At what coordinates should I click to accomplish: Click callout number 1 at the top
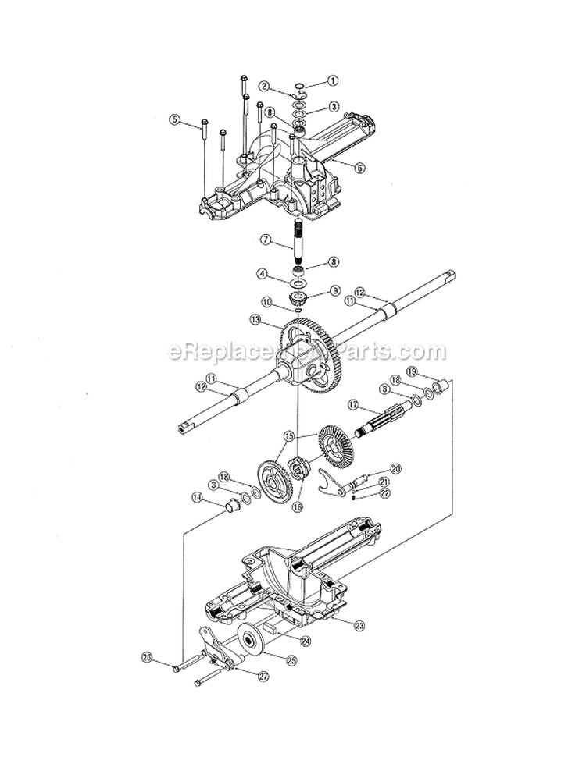click(x=333, y=80)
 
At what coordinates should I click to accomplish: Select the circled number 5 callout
click(x=175, y=120)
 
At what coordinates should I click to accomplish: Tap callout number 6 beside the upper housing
click(x=359, y=167)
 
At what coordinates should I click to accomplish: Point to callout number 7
click(x=266, y=241)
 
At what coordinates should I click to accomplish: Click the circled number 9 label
click(x=335, y=290)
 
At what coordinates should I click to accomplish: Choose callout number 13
click(x=255, y=319)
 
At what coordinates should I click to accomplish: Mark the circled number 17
click(x=353, y=405)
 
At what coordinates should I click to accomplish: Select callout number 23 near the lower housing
click(x=359, y=624)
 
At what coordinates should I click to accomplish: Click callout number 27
click(x=263, y=676)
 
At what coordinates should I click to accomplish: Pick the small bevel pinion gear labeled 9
click(x=298, y=298)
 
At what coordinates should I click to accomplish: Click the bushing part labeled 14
click(x=233, y=507)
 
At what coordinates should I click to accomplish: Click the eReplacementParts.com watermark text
click(x=307, y=352)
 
